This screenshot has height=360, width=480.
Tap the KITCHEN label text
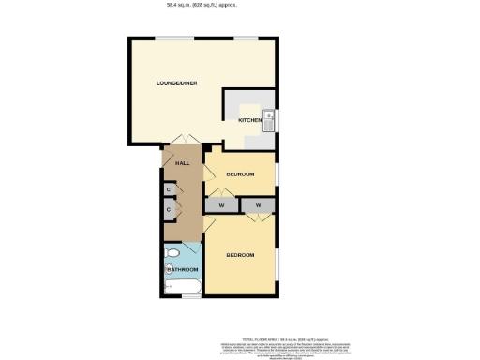tap(248, 121)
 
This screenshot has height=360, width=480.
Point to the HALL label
tap(182, 163)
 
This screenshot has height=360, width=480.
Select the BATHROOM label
tap(183, 271)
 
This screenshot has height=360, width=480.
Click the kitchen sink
tap(268, 120)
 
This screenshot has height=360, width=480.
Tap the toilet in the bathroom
tap(172, 254)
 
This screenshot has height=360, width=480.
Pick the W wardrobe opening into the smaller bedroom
tap(222, 204)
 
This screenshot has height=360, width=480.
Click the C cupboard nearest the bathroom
tap(169, 210)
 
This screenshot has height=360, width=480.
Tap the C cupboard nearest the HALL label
tap(169, 189)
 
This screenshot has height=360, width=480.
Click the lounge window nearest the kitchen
tap(247, 38)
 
